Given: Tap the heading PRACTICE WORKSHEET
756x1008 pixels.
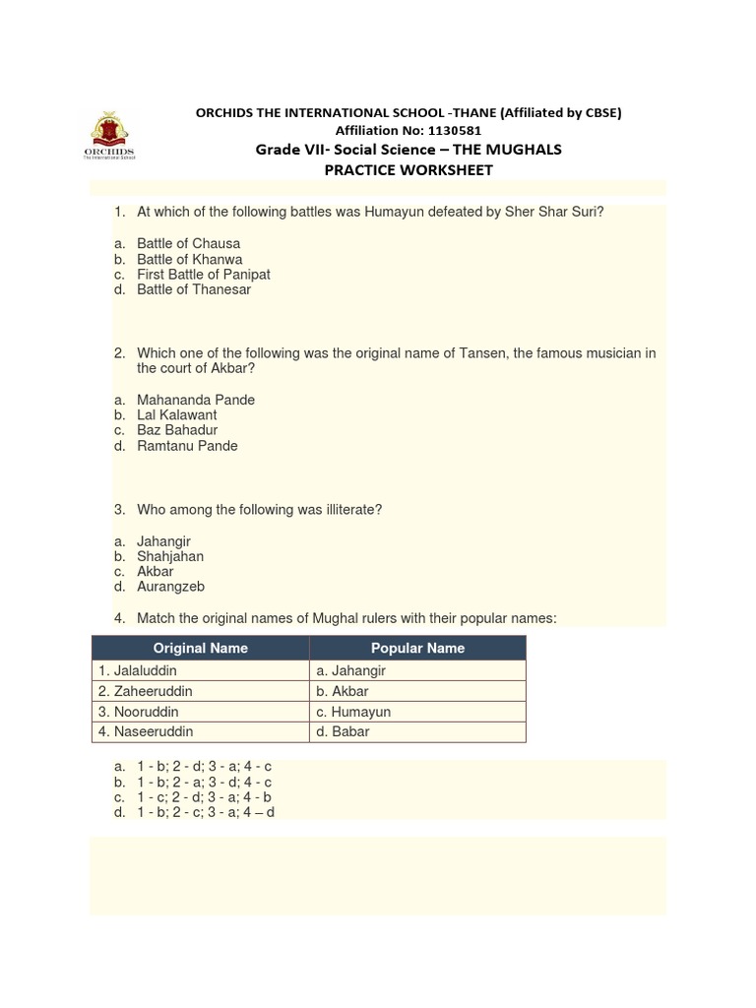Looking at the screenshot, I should point(409,169).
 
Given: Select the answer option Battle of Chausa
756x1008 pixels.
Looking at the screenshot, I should point(188,243).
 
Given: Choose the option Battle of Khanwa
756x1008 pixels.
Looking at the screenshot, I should point(189,259).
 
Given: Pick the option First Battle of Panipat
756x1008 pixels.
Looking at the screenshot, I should point(203,275).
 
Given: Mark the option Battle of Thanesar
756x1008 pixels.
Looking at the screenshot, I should point(193,289).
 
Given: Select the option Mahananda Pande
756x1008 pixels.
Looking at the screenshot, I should point(195,400).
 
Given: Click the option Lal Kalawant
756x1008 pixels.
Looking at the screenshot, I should point(176,415).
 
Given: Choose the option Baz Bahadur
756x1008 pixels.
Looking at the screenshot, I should point(177,430).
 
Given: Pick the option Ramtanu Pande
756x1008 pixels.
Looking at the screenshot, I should point(187,446).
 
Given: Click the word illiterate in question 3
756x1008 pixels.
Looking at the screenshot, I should point(346,510).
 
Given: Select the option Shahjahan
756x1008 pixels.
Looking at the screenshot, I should point(170,556).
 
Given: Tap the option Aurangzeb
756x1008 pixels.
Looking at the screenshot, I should point(170,587).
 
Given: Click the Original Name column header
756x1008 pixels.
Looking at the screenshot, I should point(200,648).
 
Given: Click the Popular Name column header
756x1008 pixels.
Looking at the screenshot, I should point(417,648).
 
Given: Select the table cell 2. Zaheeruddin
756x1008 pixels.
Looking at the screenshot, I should point(145,691).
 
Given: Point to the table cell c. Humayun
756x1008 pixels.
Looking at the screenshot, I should point(353,712).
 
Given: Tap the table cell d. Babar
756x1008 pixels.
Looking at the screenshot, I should point(344,731).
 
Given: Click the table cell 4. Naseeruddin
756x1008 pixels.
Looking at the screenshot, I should point(146,731).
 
